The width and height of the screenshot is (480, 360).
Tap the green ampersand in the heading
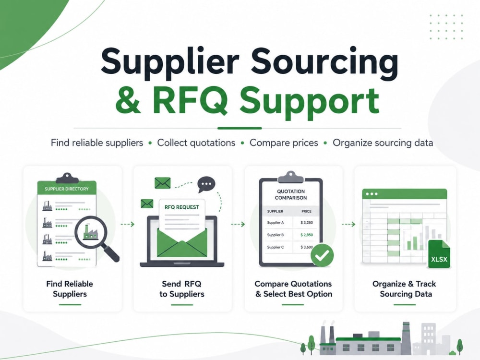128,101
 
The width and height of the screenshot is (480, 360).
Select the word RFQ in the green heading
190,101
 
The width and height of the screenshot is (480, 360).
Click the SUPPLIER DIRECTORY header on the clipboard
66,189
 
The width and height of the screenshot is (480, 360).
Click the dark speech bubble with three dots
206,184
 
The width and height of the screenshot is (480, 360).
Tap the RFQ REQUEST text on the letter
181,207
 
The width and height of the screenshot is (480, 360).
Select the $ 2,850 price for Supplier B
306,235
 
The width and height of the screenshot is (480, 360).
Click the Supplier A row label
275,223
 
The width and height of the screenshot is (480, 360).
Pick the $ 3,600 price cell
306,247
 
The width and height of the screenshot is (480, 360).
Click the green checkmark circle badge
322,255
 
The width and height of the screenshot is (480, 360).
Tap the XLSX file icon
439,254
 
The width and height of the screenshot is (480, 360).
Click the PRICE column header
306,211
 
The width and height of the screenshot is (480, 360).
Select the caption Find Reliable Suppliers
70,289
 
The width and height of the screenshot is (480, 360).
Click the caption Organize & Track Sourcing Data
405,289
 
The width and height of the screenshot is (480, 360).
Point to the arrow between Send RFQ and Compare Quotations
238,224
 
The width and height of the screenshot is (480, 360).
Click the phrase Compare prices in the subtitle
284,143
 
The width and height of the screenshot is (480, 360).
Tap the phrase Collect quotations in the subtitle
196,143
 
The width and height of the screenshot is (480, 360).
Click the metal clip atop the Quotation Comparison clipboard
290,177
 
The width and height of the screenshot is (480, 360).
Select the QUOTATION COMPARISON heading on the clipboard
290,195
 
